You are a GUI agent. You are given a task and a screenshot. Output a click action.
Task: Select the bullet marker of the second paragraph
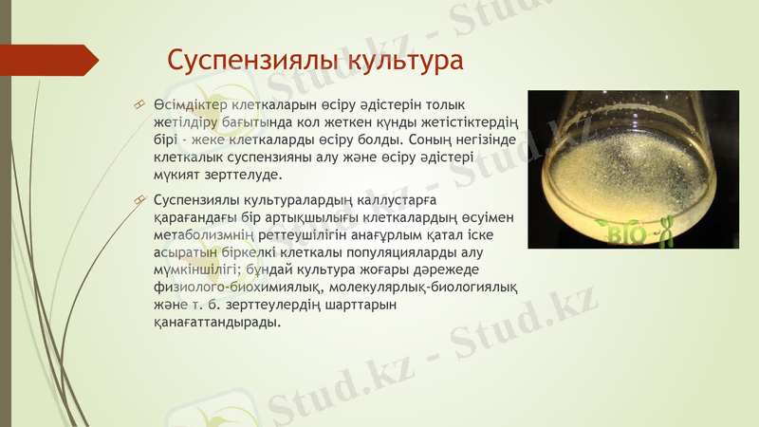click(139, 200)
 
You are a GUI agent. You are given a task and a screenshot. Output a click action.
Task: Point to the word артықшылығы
click(287, 217)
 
